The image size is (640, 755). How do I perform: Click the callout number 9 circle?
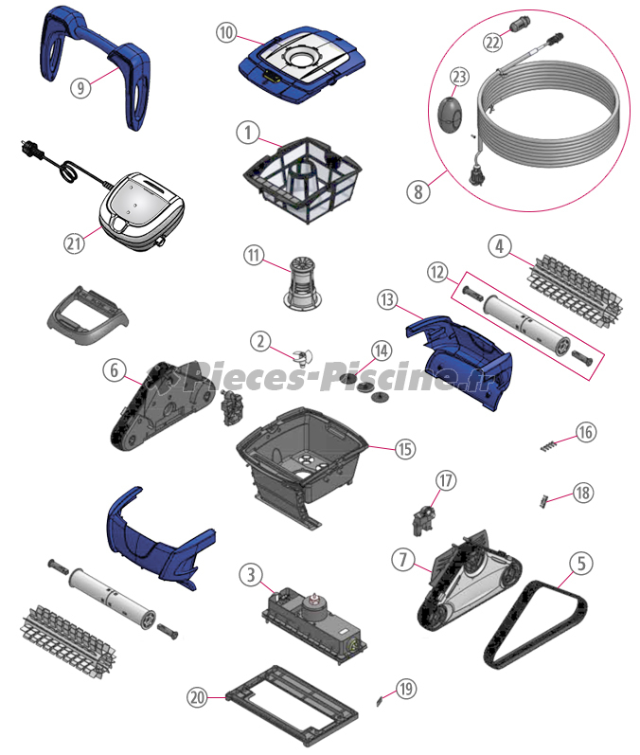(80, 88)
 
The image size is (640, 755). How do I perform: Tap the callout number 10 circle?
(226, 33)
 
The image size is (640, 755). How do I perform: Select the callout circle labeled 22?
(492, 43)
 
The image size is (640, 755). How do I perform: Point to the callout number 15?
(405, 449)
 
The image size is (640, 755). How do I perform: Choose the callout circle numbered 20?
(197, 696)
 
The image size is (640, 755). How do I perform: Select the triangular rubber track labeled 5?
(535, 624)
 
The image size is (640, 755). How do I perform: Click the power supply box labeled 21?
(142, 212)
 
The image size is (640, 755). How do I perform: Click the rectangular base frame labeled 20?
(293, 706)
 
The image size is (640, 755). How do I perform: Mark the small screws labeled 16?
(548, 446)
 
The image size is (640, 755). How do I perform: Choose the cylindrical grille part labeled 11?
(302, 283)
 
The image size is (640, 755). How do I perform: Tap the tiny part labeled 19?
(381, 701)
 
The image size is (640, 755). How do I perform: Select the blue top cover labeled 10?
(302, 64)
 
